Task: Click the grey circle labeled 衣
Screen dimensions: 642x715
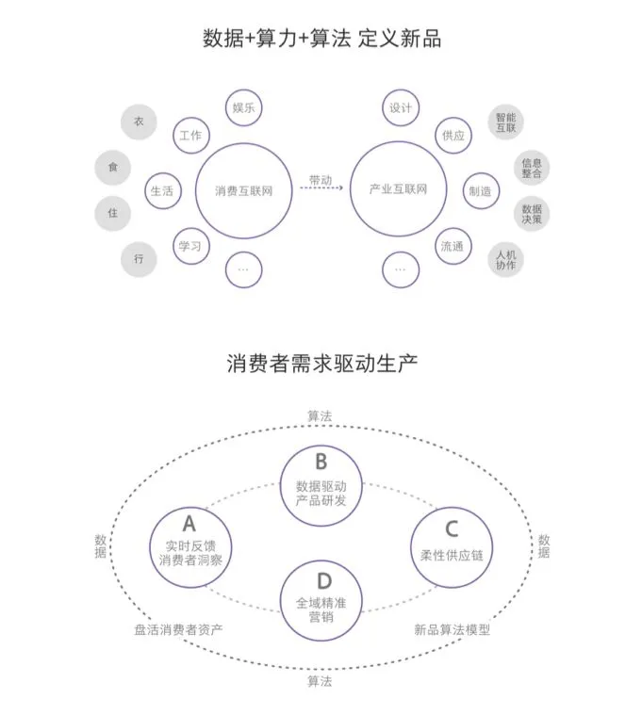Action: click(139, 122)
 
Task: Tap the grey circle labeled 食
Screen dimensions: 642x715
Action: click(113, 168)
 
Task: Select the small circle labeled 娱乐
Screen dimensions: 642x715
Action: click(244, 108)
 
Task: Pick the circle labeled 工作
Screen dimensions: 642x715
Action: click(189, 136)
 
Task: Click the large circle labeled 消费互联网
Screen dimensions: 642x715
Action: click(243, 190)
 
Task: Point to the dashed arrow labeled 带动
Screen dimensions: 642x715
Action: click(321, 189)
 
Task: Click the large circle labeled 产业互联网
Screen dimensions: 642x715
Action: click(399, 190)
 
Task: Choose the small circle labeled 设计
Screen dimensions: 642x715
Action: click(401, 108)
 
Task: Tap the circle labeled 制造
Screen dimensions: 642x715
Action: click(480, 191)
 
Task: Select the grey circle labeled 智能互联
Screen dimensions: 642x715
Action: click(506, 122)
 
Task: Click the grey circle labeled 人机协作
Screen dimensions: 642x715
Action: click(506, 259)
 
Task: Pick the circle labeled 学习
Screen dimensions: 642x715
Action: click(189, 246)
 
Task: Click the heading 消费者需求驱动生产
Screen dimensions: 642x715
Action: click(321, 362)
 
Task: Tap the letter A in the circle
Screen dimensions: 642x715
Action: click(189, 524)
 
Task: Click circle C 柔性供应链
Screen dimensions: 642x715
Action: click(453, 546)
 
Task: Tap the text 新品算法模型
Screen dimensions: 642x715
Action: click(453, 629)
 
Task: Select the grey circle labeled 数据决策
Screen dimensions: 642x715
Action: click(532, 214)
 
